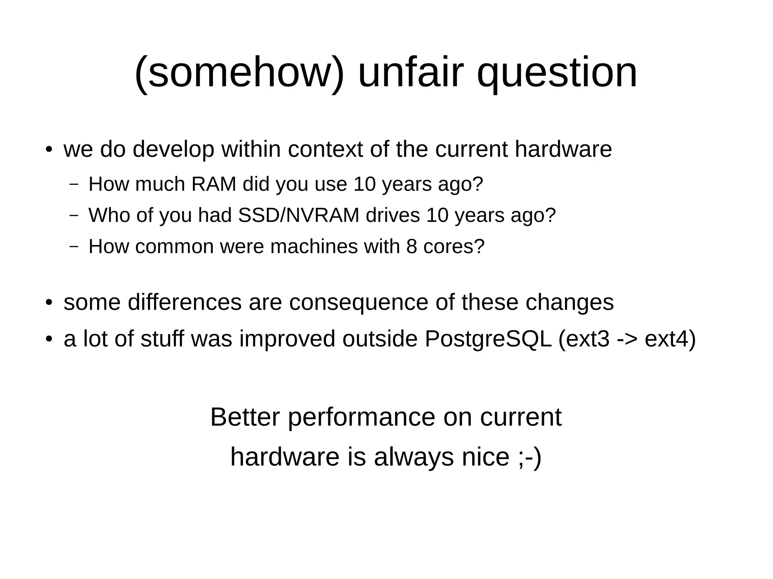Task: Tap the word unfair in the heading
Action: click(410, 72)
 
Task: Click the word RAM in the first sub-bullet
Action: click(214, 184)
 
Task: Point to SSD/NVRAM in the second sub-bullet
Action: click(299, 215)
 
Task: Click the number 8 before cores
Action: click(412, 247)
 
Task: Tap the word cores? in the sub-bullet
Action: click(454, 247)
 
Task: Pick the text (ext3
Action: click(584, 338)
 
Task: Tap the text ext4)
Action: click(670, 338)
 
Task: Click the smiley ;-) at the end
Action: click(530, 457)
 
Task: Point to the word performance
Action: click(362, 417)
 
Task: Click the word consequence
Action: click(359, 302)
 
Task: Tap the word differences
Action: click(185, 302)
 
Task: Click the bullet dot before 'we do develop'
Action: click(49, 150)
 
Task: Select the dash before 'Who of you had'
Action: click(74, 215)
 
